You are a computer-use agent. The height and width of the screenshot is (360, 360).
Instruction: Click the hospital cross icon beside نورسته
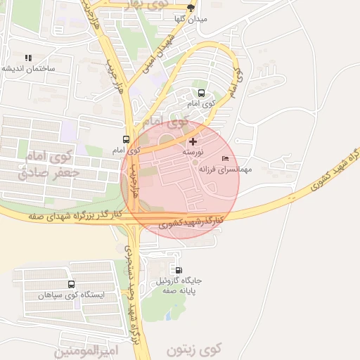click(x=193, y=142)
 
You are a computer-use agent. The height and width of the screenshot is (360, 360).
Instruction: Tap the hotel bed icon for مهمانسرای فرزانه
click(x=225, y=158)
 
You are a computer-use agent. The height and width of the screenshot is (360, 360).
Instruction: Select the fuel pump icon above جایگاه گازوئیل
click(x=178, y=270)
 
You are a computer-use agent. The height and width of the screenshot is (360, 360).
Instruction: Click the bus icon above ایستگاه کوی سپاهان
click(x=71, y=284)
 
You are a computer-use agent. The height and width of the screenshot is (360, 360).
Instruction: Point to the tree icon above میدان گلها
click(x=191, y=8)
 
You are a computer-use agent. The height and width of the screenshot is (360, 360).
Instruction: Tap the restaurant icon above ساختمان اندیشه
click(x=28, y=58)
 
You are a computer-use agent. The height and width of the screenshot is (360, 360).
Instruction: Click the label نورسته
click(x=193, y=152)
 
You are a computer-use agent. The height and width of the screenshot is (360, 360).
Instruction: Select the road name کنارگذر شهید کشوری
click(x=190, y=223)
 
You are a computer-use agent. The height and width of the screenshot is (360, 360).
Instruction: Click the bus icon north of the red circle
click(x=202, y=93)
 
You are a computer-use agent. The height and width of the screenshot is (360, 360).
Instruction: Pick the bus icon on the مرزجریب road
click(x=126, y=139)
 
